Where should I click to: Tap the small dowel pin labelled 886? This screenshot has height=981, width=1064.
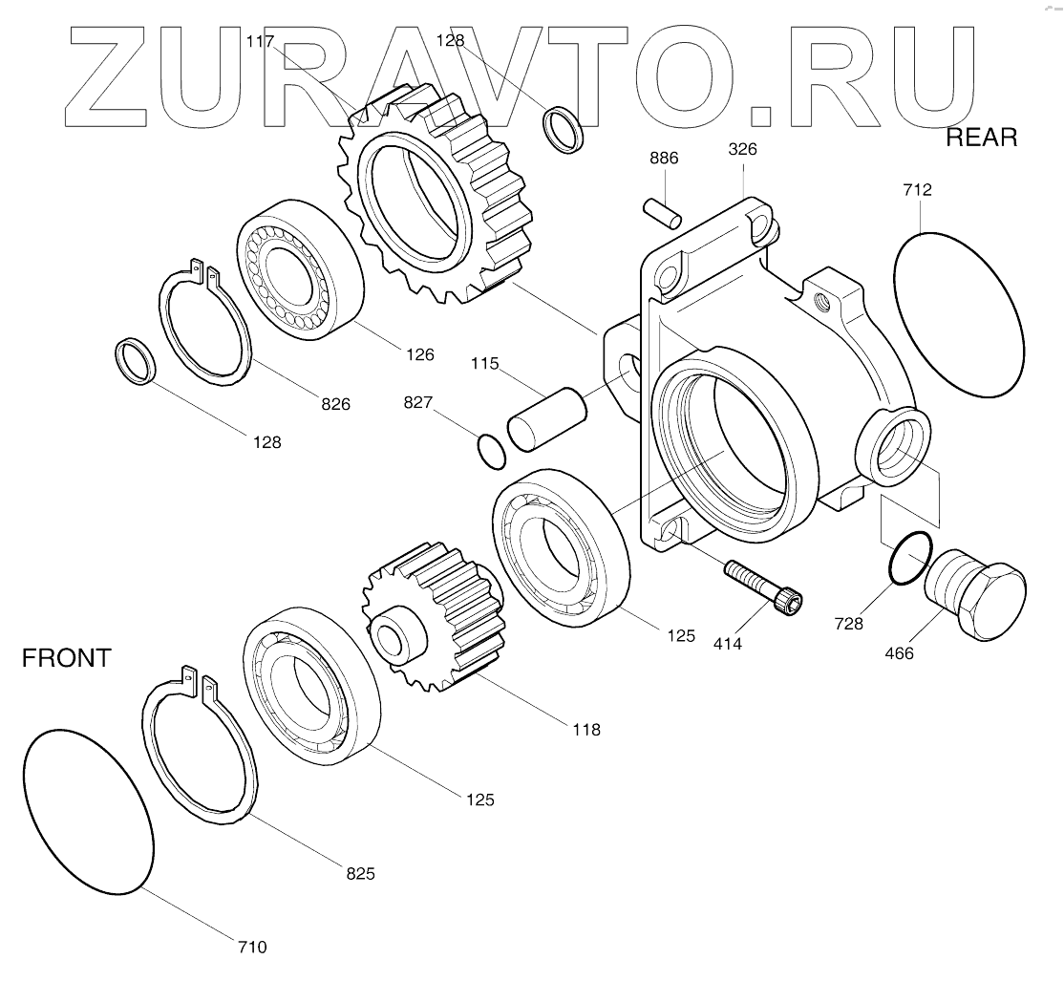pos(661,212)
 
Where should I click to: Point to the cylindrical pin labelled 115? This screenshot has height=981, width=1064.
pos(546,420)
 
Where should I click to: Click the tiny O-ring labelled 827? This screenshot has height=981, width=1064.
pos(492,451)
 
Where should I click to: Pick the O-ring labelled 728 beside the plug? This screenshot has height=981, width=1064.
pos(907,558)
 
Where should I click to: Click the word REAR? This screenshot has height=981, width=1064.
pos(981,138)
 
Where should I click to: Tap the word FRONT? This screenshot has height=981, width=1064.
pos(67,658)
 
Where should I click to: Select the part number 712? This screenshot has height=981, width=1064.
pos(916,190)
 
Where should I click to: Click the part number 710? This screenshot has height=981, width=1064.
pos(252,947)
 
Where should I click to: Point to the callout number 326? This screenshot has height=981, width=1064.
pos(743,149)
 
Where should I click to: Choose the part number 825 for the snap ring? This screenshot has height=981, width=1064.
pos(360,873)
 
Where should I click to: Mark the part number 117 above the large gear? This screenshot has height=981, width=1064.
pos(260,41)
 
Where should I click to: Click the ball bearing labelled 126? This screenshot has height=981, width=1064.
pos(300,268)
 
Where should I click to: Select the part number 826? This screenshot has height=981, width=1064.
pos(334,404)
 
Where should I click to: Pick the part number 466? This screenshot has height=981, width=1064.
pos(899,653)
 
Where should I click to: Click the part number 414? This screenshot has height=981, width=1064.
pos(727,644)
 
